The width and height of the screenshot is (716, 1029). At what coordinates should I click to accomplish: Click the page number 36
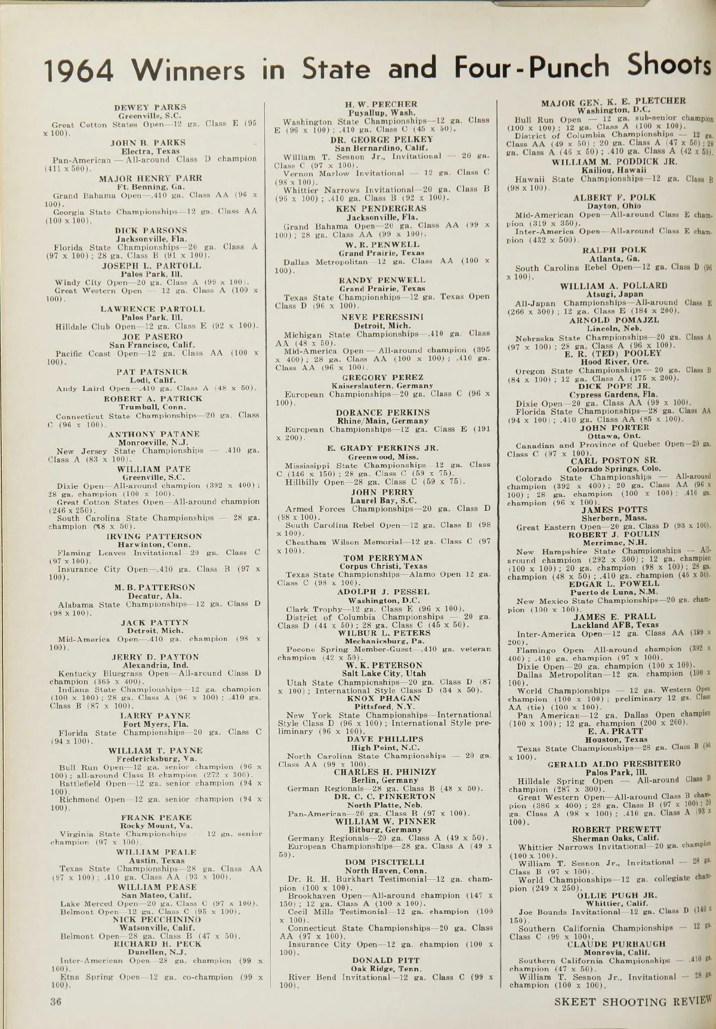pos(55,1002)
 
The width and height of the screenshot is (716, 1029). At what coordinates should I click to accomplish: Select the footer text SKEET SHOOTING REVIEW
pos(633,1002)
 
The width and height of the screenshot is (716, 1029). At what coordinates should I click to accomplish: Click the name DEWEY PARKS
pos(150,107)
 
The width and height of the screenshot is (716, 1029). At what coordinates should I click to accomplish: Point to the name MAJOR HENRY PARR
pos(150,178)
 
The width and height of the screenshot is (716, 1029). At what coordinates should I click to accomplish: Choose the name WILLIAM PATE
pos(153,469)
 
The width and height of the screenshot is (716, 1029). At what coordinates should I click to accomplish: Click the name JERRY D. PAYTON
pos(155,657)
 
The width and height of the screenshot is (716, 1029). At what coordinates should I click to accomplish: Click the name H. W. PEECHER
pos(381,104)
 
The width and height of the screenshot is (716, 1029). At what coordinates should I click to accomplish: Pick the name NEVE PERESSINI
pos(382,317)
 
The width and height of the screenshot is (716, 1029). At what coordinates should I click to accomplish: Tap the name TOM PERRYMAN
pos(382,557)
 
